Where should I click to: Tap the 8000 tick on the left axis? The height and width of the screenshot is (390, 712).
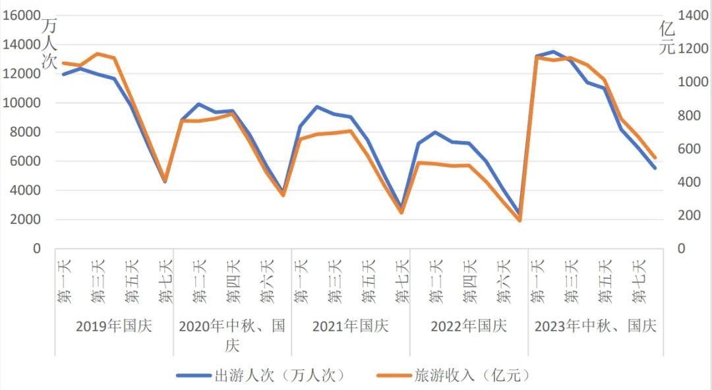25,132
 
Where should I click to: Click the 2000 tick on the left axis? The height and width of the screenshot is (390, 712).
25,220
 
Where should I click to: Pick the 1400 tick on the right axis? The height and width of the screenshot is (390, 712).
692,16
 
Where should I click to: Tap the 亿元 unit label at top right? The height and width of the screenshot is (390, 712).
667,38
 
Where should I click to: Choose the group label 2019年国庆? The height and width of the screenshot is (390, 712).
114,326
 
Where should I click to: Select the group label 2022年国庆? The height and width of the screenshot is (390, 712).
469,326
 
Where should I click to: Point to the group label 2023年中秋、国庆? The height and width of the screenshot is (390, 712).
595,326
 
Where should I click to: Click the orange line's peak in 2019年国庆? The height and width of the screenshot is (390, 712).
97,53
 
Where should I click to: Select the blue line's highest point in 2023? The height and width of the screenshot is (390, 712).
553,51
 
